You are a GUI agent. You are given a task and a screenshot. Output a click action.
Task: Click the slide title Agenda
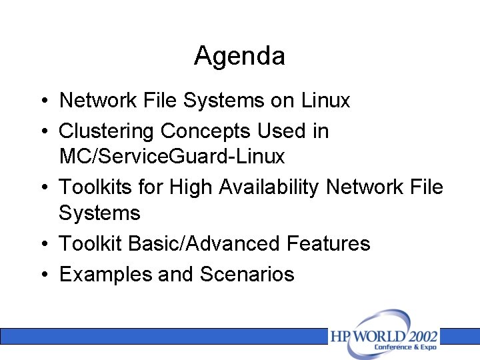tap(239, 56)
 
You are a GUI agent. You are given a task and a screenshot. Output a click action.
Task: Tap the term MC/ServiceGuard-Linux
tap(171, 157)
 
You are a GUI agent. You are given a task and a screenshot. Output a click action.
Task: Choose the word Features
tap(328, 243)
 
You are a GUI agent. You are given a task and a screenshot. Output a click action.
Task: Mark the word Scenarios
tap(247, 274)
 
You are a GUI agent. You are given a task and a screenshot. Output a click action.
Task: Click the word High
tap(190, 187)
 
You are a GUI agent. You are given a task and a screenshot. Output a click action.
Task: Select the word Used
tap(281, 131)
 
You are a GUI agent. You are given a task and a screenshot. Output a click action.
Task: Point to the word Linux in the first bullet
tap(325, 100)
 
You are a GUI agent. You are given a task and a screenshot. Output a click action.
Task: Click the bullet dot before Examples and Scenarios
tap(42, 275)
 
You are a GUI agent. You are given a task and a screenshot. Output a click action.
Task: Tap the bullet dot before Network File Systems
tap(42, 101)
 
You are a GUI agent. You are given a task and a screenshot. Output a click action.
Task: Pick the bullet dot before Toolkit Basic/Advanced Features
tap(42, 244)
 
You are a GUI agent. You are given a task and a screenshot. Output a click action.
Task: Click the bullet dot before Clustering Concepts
tap(42, 131)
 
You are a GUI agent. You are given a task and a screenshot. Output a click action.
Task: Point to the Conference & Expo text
tap(405, 347)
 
